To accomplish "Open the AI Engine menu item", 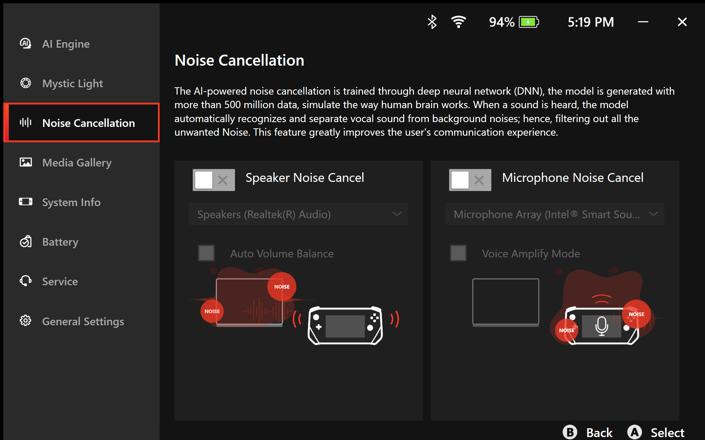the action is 66,44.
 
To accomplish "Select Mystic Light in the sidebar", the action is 73,84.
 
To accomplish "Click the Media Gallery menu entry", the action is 77,162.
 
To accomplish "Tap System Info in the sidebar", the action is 71,202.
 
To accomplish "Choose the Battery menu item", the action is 60,242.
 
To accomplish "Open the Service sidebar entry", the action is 60,282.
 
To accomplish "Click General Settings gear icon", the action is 25,321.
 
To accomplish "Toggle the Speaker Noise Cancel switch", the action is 214,180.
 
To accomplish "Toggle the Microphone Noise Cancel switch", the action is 470,180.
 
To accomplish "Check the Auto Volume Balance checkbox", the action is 206,253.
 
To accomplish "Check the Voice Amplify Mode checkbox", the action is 458,253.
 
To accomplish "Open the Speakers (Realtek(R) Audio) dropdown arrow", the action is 397,214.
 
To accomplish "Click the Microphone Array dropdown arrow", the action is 653,214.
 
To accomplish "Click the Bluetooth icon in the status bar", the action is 432,22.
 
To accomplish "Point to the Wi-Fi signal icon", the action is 459,22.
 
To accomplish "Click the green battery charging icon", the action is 529,22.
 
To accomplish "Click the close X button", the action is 682,22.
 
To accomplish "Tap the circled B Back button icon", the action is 570,432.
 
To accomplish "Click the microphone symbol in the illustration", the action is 602,326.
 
